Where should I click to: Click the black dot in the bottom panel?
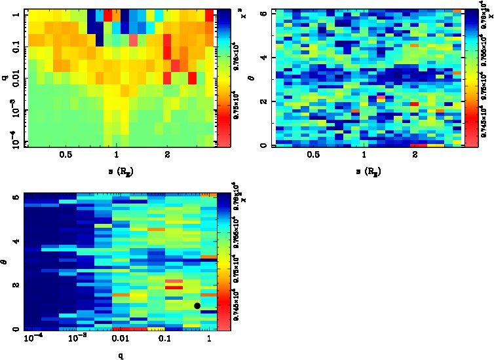197,306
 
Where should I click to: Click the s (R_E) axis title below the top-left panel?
117,171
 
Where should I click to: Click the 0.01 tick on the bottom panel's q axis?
119,340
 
